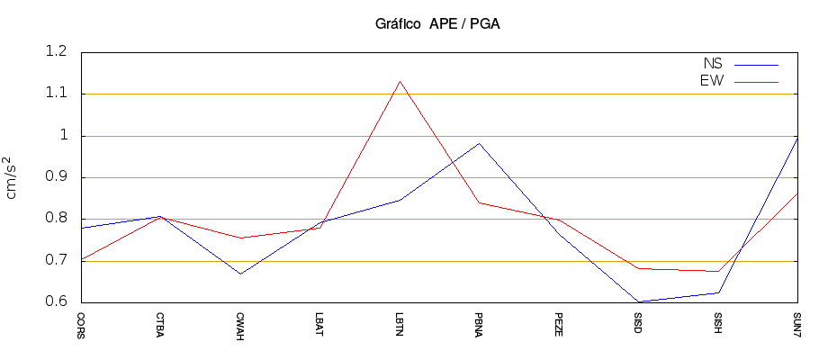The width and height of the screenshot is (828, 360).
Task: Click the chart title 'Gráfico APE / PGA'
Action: pyautogui.click(x=437, y=24)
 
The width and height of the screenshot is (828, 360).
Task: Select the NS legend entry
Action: pyautogui.click(x=712, y=64)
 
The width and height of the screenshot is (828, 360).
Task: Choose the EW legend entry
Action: pyautogui.click(x=712, y=81)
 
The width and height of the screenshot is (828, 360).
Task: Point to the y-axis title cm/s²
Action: pyautogui.click(x=13, y=177)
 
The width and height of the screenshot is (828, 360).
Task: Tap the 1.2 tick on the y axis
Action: pyautogui.click(x=56, y=52)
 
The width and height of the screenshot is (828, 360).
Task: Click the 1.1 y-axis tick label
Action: pyautogui.click(x=56, y=94)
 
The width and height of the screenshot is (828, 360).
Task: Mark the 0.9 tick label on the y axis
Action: pyautogui.click(x=56, y=177)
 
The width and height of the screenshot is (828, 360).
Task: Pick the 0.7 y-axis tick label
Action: pyautogui.click(x=56, y=261)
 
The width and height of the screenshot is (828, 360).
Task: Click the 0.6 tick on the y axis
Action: pyautogui.click(x=56, y=302)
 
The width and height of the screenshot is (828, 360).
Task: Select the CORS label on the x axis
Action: pyautogui.click(x=81, y=325)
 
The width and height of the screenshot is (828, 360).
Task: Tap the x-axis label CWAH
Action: pyautogui.click(x=240, y=325)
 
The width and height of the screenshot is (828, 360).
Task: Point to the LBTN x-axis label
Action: pyautogui.click(x=400, y=324)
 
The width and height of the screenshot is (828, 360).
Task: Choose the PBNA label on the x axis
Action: pyautogui.click(x=479, y=325)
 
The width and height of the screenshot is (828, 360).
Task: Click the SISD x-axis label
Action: pyautogui.click(x=638, y=323)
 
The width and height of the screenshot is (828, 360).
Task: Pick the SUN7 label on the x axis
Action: pyautogui.click(x=797, y=324)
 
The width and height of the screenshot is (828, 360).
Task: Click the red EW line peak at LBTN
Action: pyautogui.click(x=400, y=81)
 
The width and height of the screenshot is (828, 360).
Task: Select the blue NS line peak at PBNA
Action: pyautogui.click(x=479, y=143)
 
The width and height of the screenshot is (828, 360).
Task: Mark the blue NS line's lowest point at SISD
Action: pyautogui.click(x=638, y=301)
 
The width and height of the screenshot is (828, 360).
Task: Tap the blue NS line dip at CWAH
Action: pyautogui.click(x=240, y=274)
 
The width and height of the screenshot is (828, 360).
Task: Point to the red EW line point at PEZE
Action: pyautogui.click(x=559, y=220)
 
